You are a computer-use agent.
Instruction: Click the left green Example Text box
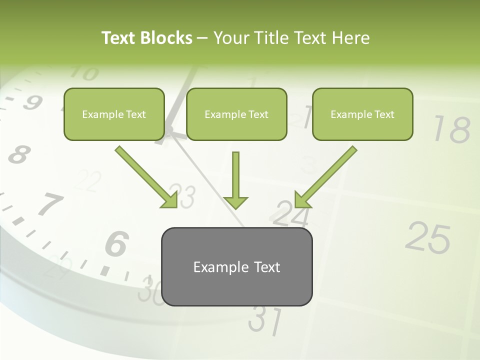click(114, 114)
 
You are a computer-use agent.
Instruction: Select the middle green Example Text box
click(236, 114)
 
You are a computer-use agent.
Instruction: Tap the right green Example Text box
click(362, 114)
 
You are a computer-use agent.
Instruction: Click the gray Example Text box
click(236, 266)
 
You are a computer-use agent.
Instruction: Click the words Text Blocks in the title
click(146, 38)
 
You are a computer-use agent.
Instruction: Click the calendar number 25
click(427, 237)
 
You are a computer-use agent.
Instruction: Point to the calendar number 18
click(451, 129)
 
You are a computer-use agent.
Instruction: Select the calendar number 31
click(265, 320)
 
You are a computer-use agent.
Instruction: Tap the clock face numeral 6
click(117, 244)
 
